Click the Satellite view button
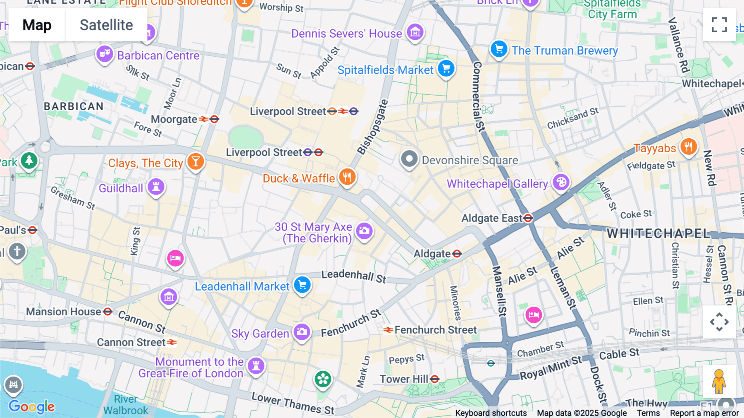pos(106,25)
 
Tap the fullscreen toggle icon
pos(719,25)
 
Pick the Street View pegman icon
pos(719,382)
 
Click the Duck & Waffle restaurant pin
pos(347,177)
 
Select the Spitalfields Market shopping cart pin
pos(446,68)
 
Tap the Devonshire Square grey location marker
pos(409,159)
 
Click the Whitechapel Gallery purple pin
pos(561,182)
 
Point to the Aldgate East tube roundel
pos(528,218)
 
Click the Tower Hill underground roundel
pos(434,379)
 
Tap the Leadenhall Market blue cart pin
pos(302,285)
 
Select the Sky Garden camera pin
pos(302,332)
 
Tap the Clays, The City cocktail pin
pos(196,161)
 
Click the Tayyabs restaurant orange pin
pos(688,147)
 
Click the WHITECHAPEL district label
pos(658,233)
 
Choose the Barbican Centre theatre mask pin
pos(105,54)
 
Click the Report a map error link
pos(704,413)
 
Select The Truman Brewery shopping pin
pos(499,49)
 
